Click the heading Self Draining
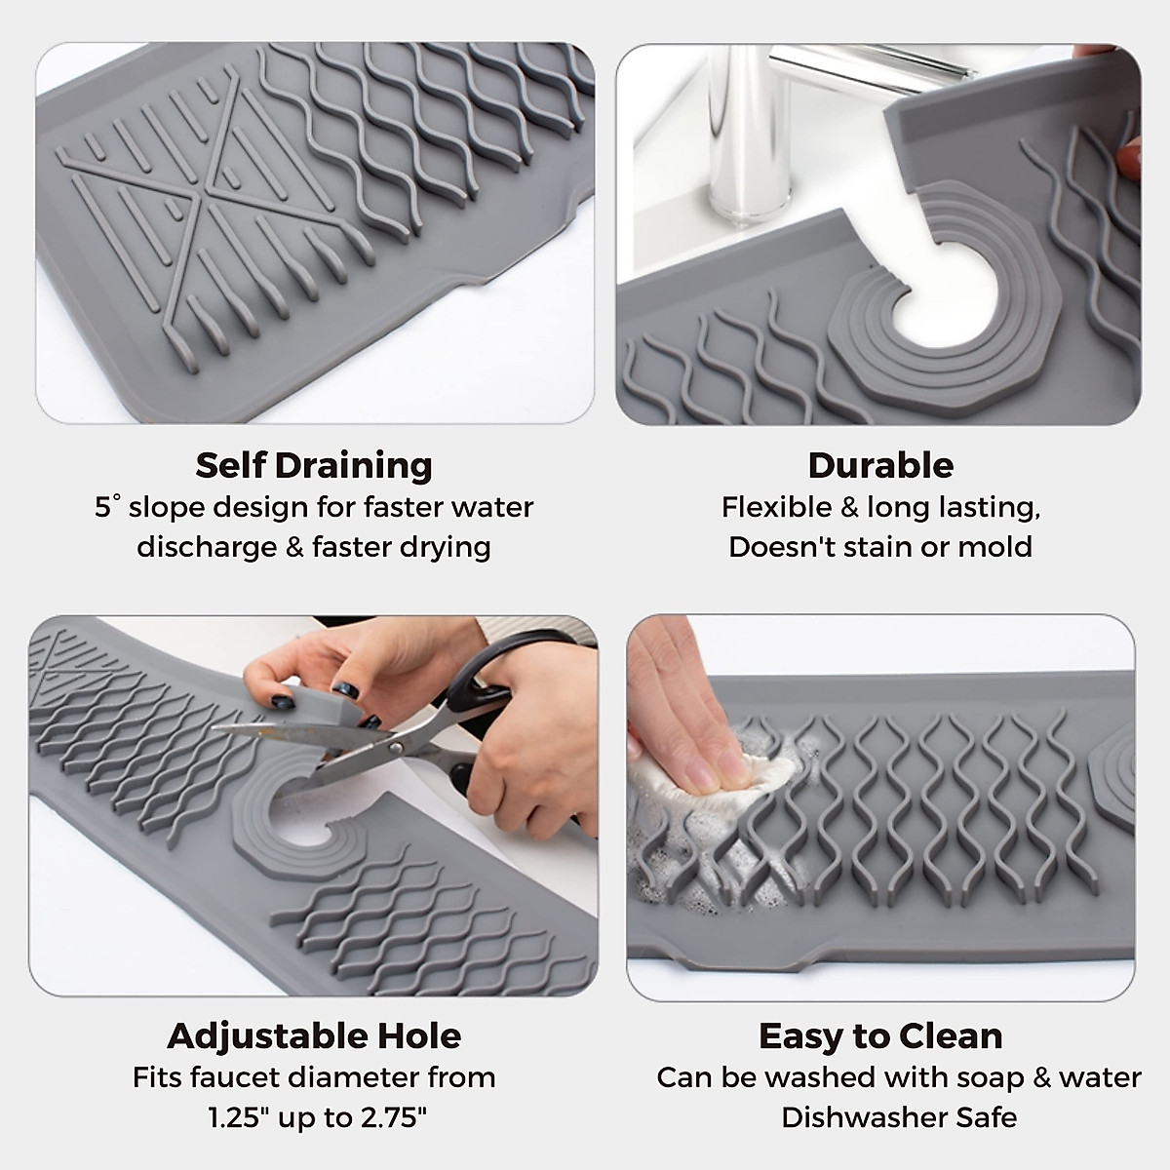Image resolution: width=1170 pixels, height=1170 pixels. click(x=313, y=465)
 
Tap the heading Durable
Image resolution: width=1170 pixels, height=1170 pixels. click(x=880, y=465)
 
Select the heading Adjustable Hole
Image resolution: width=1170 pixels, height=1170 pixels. click(x=313, y=1035)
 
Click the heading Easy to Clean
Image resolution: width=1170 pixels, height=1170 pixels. click(x=880, y=1035)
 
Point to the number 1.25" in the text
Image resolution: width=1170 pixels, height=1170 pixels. click(x=239, y=1117)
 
